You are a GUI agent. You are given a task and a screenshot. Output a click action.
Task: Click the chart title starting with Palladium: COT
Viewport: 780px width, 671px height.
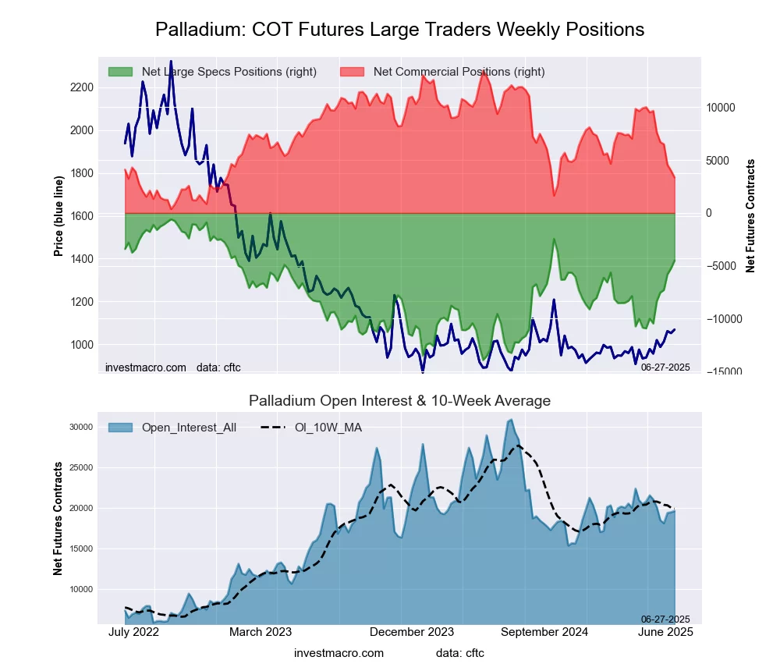click(x=399, y=30)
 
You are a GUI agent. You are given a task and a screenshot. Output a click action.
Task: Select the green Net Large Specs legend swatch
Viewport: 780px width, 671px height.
click(x=121, y=72)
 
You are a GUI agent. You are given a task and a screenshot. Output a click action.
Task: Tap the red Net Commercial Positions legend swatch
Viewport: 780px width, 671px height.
click(x=353, y=72)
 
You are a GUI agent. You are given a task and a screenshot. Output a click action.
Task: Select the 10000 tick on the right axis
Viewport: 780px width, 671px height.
click(x=721, y=108)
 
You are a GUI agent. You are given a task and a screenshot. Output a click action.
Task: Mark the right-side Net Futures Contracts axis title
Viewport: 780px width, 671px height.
click(x=750, y=215)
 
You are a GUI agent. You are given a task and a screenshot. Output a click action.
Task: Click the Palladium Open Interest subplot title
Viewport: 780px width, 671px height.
click(x=399, y=401)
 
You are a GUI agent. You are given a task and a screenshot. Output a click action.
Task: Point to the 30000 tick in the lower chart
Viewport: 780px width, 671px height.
click(x=80, y=427)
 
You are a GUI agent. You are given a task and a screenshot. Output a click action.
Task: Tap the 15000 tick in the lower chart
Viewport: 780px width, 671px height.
click(x=80, y=549)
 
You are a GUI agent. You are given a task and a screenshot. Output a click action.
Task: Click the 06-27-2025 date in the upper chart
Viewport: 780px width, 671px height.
click(x=665, y=367)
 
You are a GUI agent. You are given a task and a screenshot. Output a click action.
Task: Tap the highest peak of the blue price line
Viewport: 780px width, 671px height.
click(x=171, y=62)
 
